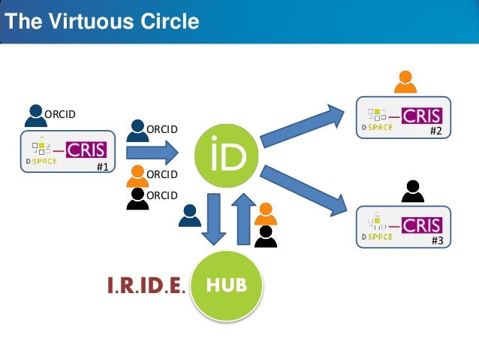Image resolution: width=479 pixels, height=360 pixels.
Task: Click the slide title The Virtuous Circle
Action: pyautogui.click(x=101, y=21)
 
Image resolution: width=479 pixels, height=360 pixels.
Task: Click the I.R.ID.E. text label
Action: pyautogui.click(x=146, y=286)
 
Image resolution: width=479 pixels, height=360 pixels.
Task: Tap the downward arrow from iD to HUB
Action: pyautogui.click(x=214, y=218)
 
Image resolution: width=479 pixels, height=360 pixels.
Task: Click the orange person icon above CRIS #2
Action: pyautogui.click(x=405, y=81)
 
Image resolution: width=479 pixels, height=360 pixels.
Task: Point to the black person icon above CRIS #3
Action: pyautogui.click(x=412, y=192)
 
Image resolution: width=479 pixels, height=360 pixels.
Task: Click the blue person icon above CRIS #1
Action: pyautogui.click(x=35, y=114)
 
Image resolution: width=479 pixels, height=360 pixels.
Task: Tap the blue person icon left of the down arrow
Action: pyautogui.click(x=188, y=216)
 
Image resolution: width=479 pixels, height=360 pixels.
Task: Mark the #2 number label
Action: pyautogui.click(x=436, y=132)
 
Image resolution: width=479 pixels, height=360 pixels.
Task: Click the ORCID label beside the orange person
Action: pyautogui.click(x=161, y=174)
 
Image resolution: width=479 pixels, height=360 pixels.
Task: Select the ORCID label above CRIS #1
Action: pyautogui.click(x=61, y=114)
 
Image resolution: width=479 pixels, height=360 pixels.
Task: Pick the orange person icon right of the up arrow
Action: pyautogui.click(x=265, y=214)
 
